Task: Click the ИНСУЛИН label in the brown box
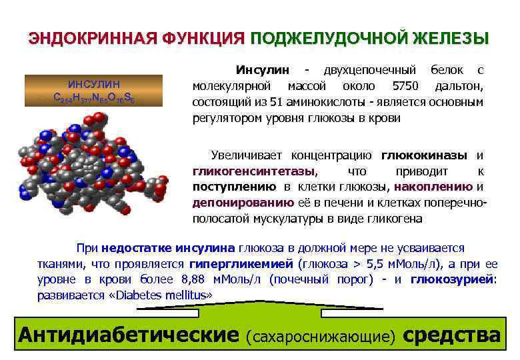click(x=94, y=84)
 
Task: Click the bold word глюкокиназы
click(x=425, y=156)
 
